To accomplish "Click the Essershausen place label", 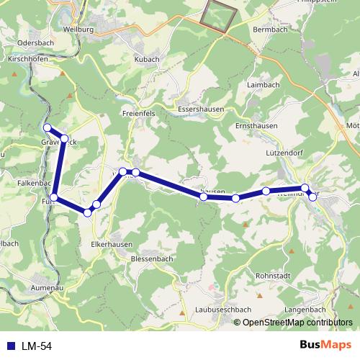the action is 200,109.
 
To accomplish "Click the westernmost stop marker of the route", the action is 48,128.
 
